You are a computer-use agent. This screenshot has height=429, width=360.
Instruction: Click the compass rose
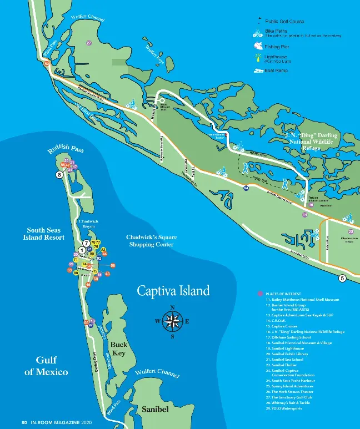tap(173, 321)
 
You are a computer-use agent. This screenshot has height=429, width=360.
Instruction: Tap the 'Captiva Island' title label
tap(173, 291)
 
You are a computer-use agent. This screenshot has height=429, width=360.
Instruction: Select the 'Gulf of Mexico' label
tap(46, 366)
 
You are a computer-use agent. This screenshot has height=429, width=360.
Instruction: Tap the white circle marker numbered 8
tap(59, 175)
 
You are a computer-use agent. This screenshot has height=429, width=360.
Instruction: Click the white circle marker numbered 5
tap(342, 278)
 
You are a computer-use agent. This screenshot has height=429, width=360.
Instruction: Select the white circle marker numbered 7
tap(86, 243)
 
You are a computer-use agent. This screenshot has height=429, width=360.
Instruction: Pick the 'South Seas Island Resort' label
tap(46, 233)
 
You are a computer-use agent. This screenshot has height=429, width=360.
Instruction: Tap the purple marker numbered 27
tap(89, 43)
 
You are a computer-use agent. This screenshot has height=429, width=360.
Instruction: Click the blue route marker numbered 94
tap(246, 188)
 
